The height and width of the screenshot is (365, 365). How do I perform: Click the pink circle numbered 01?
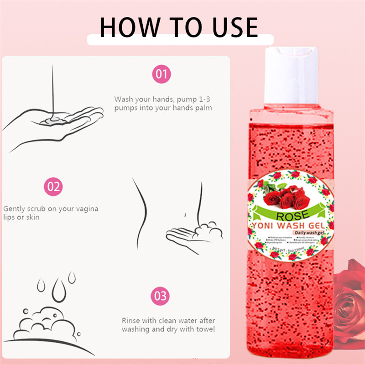(161, 74)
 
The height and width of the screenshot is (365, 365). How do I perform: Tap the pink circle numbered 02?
(53, 187)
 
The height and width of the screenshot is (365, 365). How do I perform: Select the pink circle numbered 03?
(161, 296)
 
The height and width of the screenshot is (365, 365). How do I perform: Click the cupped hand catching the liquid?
(50, 128)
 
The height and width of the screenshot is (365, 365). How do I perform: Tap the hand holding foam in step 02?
(192, 233)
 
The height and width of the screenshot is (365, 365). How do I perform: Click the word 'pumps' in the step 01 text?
(125, 108)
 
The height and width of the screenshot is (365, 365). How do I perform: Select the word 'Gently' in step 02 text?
(14, 209)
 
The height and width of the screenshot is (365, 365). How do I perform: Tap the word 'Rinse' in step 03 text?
(131, 321)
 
